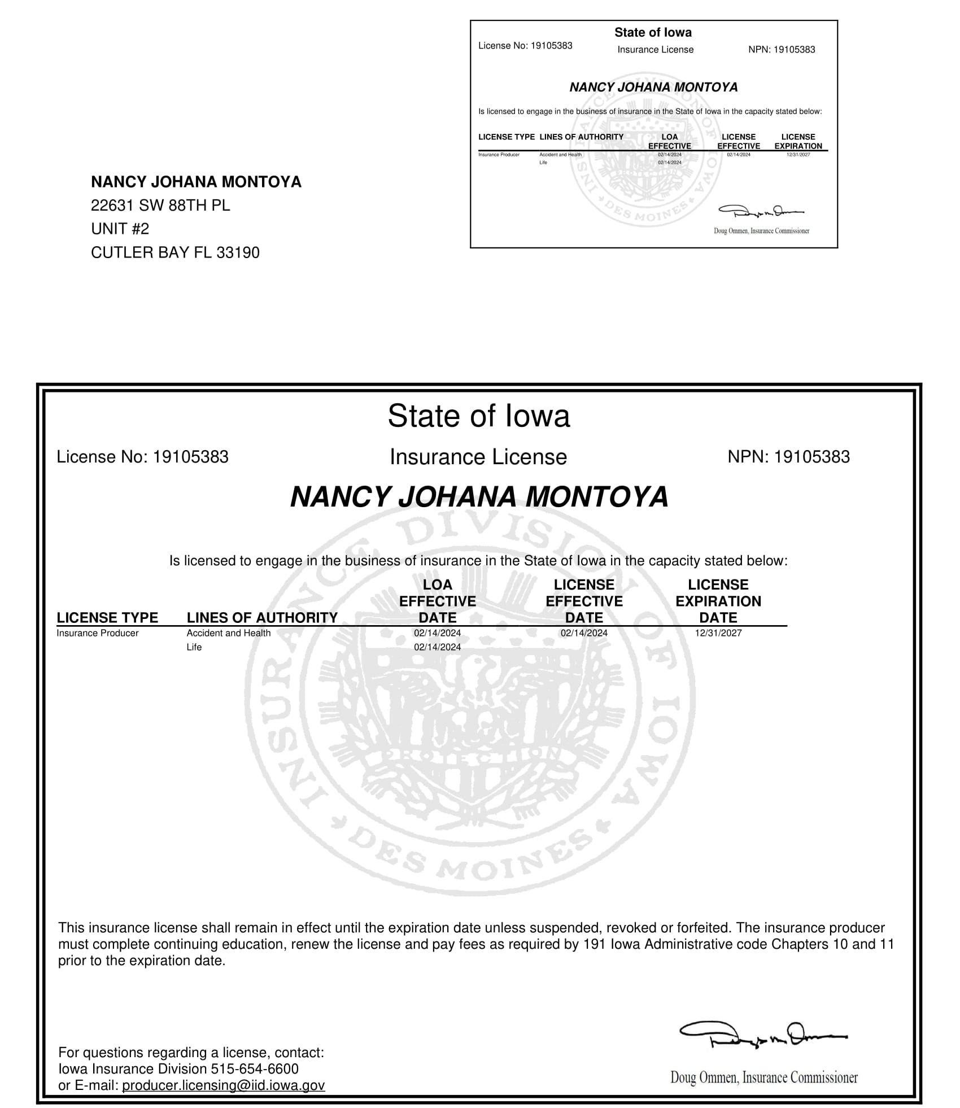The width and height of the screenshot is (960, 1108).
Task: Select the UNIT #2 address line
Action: click(120, 229)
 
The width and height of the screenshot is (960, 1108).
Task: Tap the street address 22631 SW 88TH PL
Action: click(160, 206)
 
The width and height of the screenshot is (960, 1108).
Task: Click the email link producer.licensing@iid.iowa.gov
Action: click(223, 1085)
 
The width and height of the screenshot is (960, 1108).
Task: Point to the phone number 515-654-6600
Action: click(255, 1068)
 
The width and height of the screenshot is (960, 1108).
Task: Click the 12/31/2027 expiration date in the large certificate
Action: click(718, 633)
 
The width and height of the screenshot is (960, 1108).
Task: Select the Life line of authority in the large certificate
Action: click(194, 647)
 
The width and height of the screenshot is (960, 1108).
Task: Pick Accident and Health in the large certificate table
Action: click(228, 633)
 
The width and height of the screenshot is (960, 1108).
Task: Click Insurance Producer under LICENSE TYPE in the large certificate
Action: click(97, 633)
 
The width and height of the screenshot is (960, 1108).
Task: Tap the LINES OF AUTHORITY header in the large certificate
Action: click(262, 617)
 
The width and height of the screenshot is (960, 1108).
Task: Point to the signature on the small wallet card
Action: click(761, 212)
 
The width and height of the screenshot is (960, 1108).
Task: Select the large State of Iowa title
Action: click(479, 416)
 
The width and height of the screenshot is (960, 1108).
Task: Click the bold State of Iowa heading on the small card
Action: click(653, 33)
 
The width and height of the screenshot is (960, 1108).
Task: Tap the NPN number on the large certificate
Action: click(811, 456)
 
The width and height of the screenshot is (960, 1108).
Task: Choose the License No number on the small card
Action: click(551, 46)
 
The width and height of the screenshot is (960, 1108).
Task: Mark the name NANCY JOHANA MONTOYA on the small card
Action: click(653, 87)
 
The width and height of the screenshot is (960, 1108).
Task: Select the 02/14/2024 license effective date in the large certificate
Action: click(584, 633)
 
